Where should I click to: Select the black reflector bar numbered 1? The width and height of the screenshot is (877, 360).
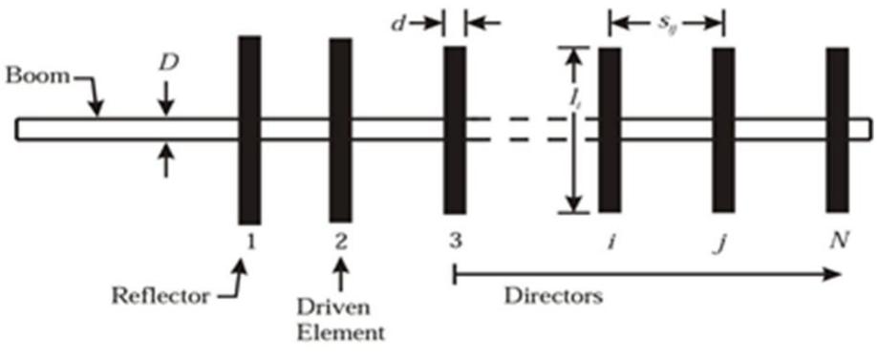coord(249,128)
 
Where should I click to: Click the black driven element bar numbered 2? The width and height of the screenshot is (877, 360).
coord(341,128)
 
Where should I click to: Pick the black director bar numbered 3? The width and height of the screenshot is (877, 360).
coord(455,128)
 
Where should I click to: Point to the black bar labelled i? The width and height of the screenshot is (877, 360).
coord(610,128)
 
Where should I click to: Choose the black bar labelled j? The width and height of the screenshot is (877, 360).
coord(723,128)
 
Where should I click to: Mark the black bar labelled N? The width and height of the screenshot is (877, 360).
coord(838,128)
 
